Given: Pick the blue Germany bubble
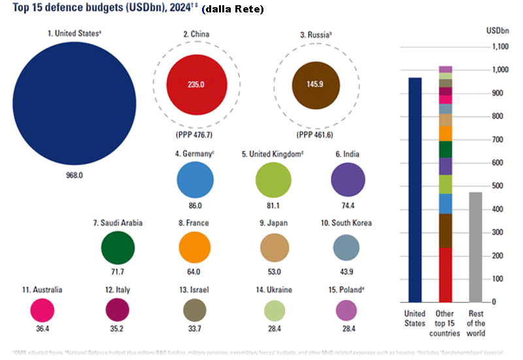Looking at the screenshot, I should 195,181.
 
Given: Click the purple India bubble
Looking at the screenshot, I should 348,181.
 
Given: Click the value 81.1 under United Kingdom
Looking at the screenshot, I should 272,205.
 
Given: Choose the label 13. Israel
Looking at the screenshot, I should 195,289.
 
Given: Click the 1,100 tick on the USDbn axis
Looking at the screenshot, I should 499,47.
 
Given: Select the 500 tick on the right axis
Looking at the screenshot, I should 501,186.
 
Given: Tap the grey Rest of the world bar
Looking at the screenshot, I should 475,247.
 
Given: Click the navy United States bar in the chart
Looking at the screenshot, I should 415,189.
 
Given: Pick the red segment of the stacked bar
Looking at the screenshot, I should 445,274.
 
